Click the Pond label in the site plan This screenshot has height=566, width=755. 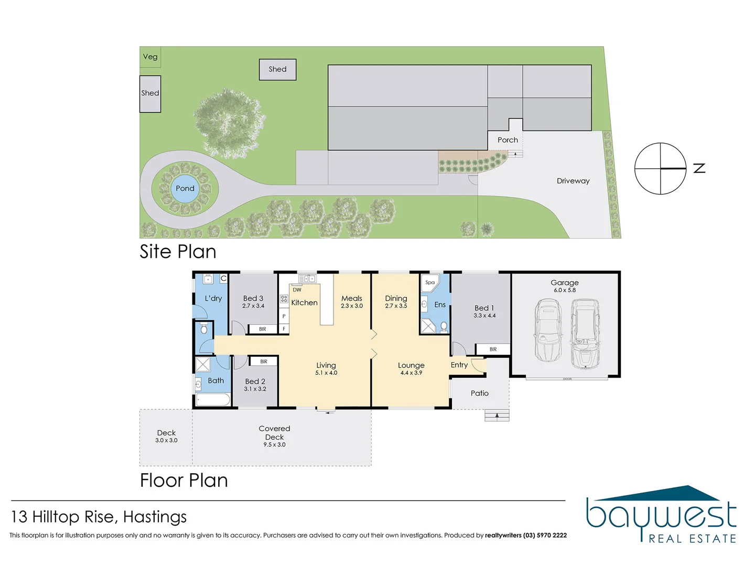click(185, 188)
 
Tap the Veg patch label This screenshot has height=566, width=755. click(150, 57)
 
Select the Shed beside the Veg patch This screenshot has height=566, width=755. click(150, 93)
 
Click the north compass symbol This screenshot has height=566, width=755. click(660, 168)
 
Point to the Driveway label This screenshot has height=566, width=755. click(573, 181)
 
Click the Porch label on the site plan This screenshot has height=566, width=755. click(508, 140)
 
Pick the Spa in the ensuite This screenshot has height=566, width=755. click(429, 283)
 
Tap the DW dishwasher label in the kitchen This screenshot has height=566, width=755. click(297, 290)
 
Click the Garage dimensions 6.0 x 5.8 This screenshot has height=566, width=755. click(565, 290)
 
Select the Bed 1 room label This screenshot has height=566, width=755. click(484, 308)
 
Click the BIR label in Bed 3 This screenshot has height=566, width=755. click(263, 329)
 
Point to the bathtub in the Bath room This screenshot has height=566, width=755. click(213, 400)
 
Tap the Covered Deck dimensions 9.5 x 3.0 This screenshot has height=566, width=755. click(275, 445)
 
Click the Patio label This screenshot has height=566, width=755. click(480, 393)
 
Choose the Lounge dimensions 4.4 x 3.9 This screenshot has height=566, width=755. click(411, 373)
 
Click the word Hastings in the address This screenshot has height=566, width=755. click(155, 517)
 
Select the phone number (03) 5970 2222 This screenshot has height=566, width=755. click(545, 536)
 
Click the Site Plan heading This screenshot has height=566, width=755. click(178, 252)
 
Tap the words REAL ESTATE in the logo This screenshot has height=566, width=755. click(692, 539)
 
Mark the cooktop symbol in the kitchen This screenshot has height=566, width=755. click(284, 299)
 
